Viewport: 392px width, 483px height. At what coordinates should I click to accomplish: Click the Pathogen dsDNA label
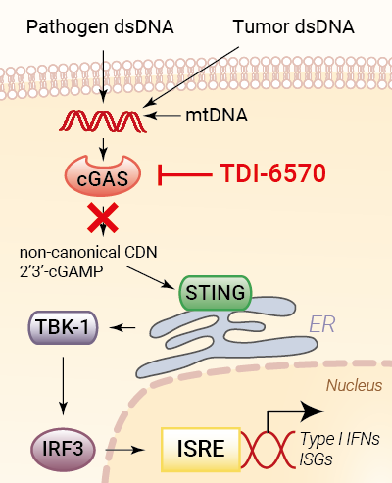[x=100, y=27]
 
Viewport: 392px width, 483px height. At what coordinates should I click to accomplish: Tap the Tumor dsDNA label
[x=294, y=26]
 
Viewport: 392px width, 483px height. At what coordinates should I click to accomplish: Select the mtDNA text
[x=217, y=116]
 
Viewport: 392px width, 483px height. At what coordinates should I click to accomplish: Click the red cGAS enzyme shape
[x=103, y=176]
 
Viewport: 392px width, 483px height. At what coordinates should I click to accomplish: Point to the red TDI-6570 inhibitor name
[x=273, y=173]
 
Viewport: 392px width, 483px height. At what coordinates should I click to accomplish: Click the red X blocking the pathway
[x=103, y=217]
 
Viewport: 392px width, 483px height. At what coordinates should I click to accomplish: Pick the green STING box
[x=216, y=293]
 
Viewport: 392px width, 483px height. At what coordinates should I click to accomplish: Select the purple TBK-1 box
[x=63, y=327]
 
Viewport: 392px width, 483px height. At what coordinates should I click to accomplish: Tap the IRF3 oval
[x=63, y=449]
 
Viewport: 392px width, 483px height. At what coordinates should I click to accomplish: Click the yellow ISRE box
[x=201, y=449]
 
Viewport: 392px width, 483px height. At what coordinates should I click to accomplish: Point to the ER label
[x=322, y=324]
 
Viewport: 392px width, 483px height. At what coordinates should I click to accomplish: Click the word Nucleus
[x=355, y=385]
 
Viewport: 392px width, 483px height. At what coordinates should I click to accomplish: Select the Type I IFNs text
[x=340, y=439]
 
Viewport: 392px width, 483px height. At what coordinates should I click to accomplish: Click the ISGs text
[x=316, y=459]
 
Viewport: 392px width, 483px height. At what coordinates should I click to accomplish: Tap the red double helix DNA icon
[x=103, y=121]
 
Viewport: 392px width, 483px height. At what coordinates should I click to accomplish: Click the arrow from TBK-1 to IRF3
[x=63, y=386]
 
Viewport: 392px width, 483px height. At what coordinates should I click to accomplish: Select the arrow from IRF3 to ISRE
[x=124, y=450]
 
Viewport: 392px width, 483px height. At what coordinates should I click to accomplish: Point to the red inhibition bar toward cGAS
[x=184, y=175]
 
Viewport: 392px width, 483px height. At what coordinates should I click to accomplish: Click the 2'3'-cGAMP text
[x=62, y=271]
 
